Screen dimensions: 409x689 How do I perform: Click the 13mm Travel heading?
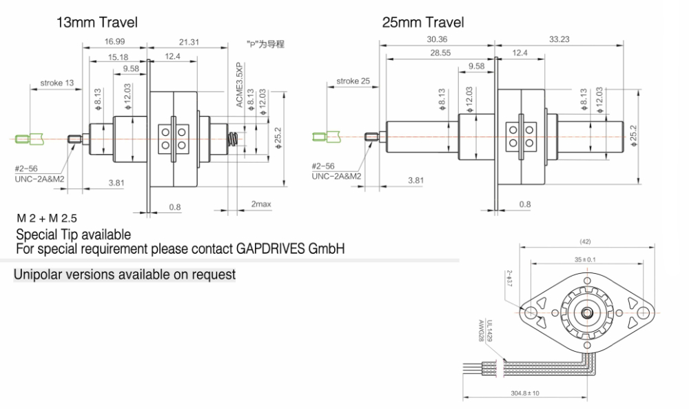96,23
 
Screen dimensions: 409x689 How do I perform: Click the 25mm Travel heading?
422,23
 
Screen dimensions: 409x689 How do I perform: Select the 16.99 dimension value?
115,42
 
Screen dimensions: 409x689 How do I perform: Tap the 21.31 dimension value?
189,42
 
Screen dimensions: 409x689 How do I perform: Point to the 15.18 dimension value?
118,56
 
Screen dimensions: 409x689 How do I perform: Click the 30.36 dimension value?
437,39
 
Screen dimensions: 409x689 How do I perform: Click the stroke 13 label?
56,83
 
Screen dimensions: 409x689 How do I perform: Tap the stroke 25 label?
353,81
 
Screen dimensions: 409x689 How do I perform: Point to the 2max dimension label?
261,205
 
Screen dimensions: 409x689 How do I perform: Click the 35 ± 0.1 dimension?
584,259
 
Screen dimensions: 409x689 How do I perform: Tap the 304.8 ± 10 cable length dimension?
525,393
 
